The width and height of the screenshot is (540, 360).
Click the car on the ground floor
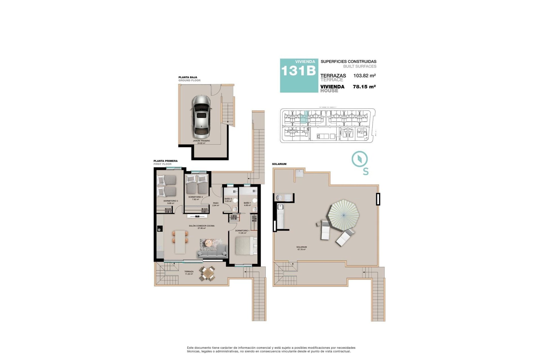(x=201, y=115)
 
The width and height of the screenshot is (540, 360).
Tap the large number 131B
(x=298, y=71)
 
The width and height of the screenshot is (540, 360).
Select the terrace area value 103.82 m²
(x=364, y=76)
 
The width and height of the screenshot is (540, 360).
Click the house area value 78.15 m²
(x=364, y=87)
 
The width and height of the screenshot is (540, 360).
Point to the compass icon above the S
(x=359, y=159)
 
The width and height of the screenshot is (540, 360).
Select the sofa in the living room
(x=212, y=252)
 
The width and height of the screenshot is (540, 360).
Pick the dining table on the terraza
(x=208, y=273)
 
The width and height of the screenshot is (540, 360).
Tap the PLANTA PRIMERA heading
(x=165, y=161)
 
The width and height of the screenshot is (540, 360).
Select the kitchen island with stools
(x=180, y=241)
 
